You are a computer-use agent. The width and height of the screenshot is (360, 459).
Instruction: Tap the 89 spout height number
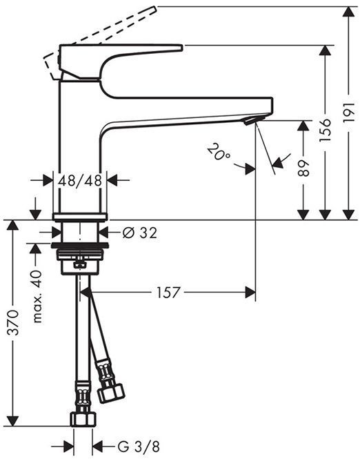(x=303, y=170)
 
